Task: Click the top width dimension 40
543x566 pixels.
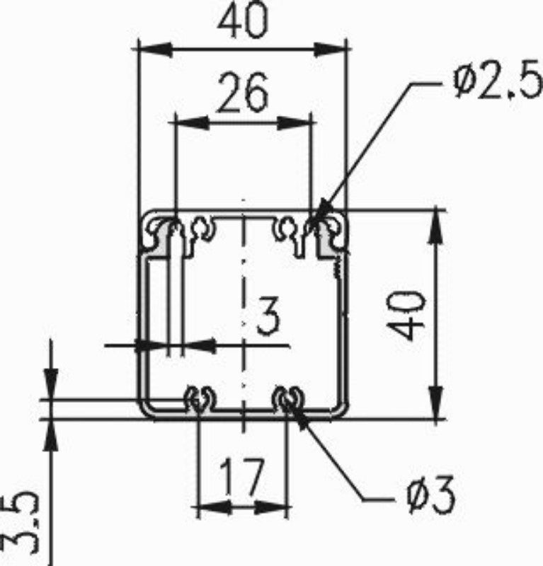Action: [243, 21]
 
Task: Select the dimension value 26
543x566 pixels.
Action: [242, 92]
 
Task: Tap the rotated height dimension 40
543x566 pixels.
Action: [405, 315]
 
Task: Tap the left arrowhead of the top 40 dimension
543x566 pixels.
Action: [154, 50]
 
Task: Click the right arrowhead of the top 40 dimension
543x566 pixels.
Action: [329, 50]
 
